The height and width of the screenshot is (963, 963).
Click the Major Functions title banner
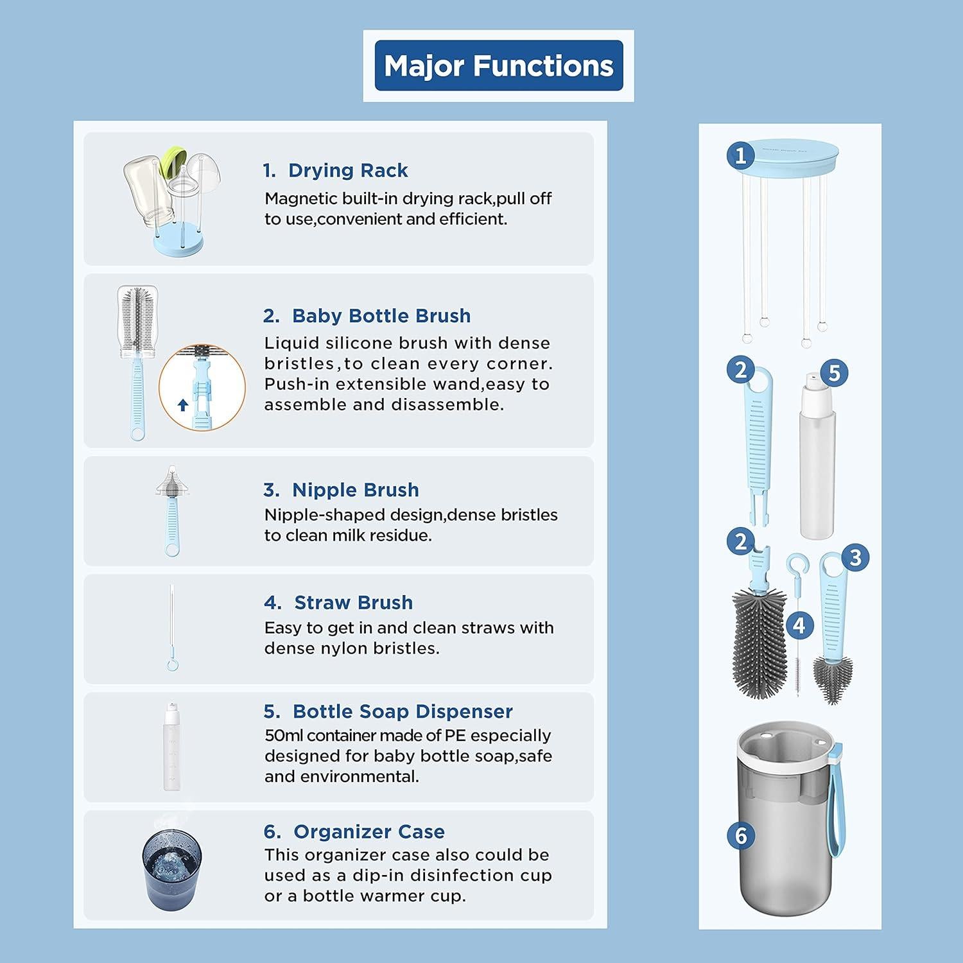[x=499, y=66]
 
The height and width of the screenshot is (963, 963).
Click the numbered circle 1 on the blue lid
[x=742, y=155]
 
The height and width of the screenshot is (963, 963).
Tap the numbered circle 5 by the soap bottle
[x=834, y=373]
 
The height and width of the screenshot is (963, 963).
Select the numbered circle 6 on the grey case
[x=742, y=835]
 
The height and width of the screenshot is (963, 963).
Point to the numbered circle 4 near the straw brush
[x=799, y=625]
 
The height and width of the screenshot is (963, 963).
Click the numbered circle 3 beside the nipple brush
[x=855, y=557]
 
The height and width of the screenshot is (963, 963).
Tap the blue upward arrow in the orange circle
[x=183, y=405]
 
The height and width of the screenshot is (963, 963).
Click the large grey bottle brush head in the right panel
[x=759, y=645]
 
